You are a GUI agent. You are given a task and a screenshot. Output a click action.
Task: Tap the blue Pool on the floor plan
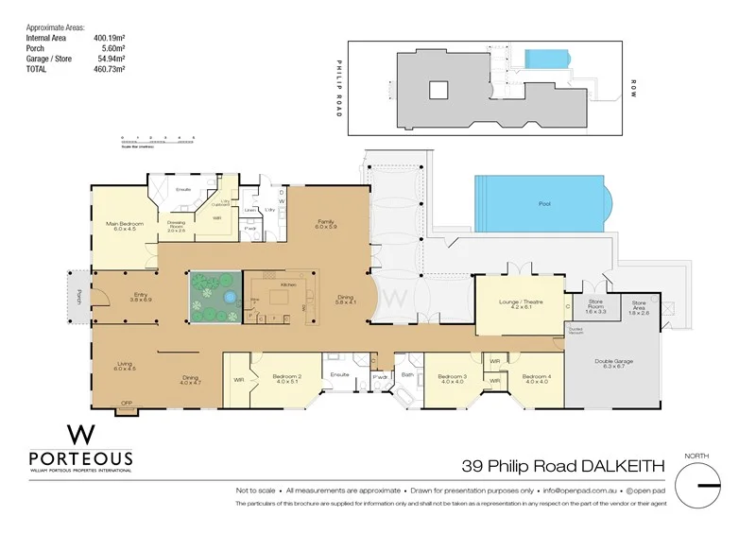543,203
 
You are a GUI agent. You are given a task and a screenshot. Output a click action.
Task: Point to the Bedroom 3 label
452,378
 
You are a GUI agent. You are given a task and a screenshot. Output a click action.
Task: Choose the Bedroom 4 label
536,378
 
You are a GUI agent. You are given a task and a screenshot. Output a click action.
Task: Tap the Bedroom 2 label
287,378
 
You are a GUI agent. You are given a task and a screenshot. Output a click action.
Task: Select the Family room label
325,223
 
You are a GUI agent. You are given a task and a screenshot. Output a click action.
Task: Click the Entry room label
114,296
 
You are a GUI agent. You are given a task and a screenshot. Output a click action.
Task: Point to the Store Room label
595,305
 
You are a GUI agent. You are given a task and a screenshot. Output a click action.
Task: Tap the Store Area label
640,305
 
